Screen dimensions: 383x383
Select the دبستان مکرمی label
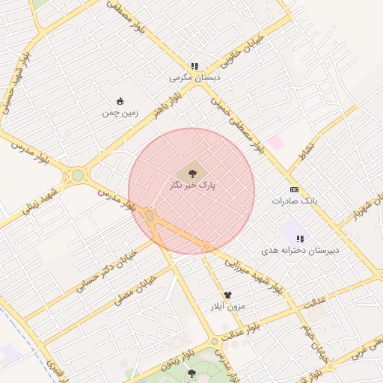(195, 77)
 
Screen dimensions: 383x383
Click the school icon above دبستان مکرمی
(195, 65)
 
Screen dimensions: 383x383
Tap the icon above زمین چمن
(120, 101)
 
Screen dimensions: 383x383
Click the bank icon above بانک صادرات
(294, 189)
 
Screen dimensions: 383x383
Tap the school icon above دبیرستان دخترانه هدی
(300, 238)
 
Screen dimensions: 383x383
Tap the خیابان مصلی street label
(135, 291)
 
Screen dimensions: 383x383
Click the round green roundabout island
(78, 176)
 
